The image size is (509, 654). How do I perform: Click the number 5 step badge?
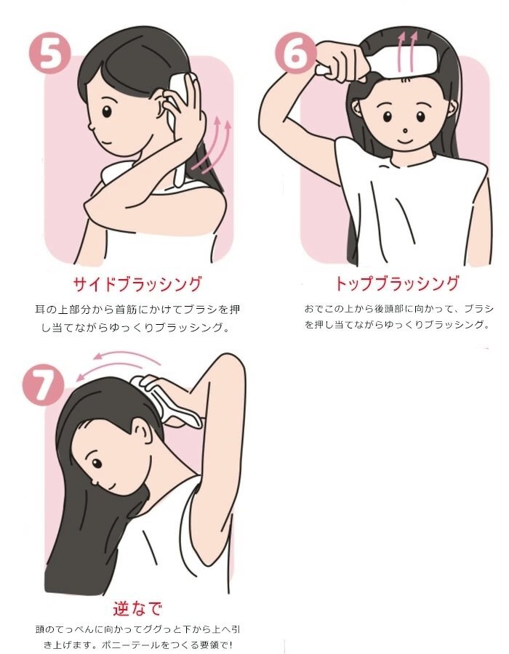pyautogui.click(x=49, y=54)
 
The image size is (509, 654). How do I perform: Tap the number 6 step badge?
pyautogui.click(x=296, y=54)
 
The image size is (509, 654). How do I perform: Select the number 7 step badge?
pyautogui.click(x=43, y=384)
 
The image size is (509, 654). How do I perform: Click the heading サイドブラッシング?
pyautogui.click(x=137, y=284)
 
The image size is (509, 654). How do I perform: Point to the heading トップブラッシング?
pyautogui.click(x=397, y=283)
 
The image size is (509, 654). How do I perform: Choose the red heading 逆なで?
pyautogui.click(x=137, y=609)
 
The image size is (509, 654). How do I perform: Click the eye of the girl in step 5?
pyautogui.click(x=107, y=112)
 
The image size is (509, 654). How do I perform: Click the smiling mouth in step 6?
pyautogui.click(x=404, y=142)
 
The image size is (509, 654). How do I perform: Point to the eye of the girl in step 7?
pyautogui.click(x=97, y=463)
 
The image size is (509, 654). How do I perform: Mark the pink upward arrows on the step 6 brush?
pyautogui.click(x=407, y=52)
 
